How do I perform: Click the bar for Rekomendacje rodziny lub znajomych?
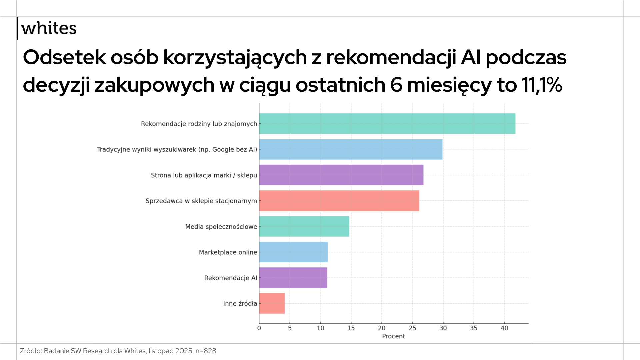(387, 124)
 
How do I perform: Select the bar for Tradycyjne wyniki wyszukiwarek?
(351, 149)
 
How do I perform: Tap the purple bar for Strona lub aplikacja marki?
(341, 175)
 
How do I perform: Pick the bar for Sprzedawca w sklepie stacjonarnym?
(339, 201)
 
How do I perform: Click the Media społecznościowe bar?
(304, 226)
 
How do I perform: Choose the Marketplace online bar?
(293, 252)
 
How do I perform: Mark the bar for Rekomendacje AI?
(293, 278)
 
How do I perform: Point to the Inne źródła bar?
(272, 303)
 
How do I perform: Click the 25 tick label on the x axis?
(412, 328)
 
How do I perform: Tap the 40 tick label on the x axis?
(504, 328)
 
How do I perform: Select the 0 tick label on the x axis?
(259, 328)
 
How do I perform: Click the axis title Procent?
(393, 336)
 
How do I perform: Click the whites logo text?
(49, 28)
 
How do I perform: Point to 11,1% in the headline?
(542, 85)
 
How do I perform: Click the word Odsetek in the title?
(64, 57)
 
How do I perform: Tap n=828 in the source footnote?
(206, 351)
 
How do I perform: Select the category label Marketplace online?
(228, 252)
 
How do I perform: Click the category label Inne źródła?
(240, 303)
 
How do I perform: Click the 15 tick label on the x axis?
(351, 328)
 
